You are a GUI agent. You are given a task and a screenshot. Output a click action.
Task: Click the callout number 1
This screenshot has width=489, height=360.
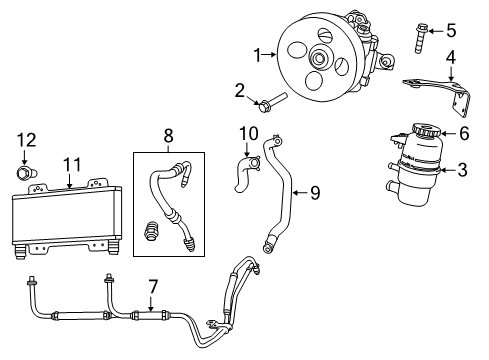point(258,54)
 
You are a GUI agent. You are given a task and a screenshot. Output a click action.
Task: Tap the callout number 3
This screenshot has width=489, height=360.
point(462,170)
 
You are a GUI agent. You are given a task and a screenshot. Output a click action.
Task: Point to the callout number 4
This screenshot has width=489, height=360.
point(451,58)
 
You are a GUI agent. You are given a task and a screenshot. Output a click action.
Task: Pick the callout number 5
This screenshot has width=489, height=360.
point(451,29)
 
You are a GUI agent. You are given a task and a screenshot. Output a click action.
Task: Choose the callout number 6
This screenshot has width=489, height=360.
point(462,133)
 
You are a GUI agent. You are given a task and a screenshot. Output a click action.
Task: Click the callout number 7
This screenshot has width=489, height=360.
point(153,287)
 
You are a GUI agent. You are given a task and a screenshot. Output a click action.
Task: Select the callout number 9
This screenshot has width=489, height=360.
point(314,192)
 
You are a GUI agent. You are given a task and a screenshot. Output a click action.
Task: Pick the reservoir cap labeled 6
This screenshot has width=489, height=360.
point(417,133)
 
